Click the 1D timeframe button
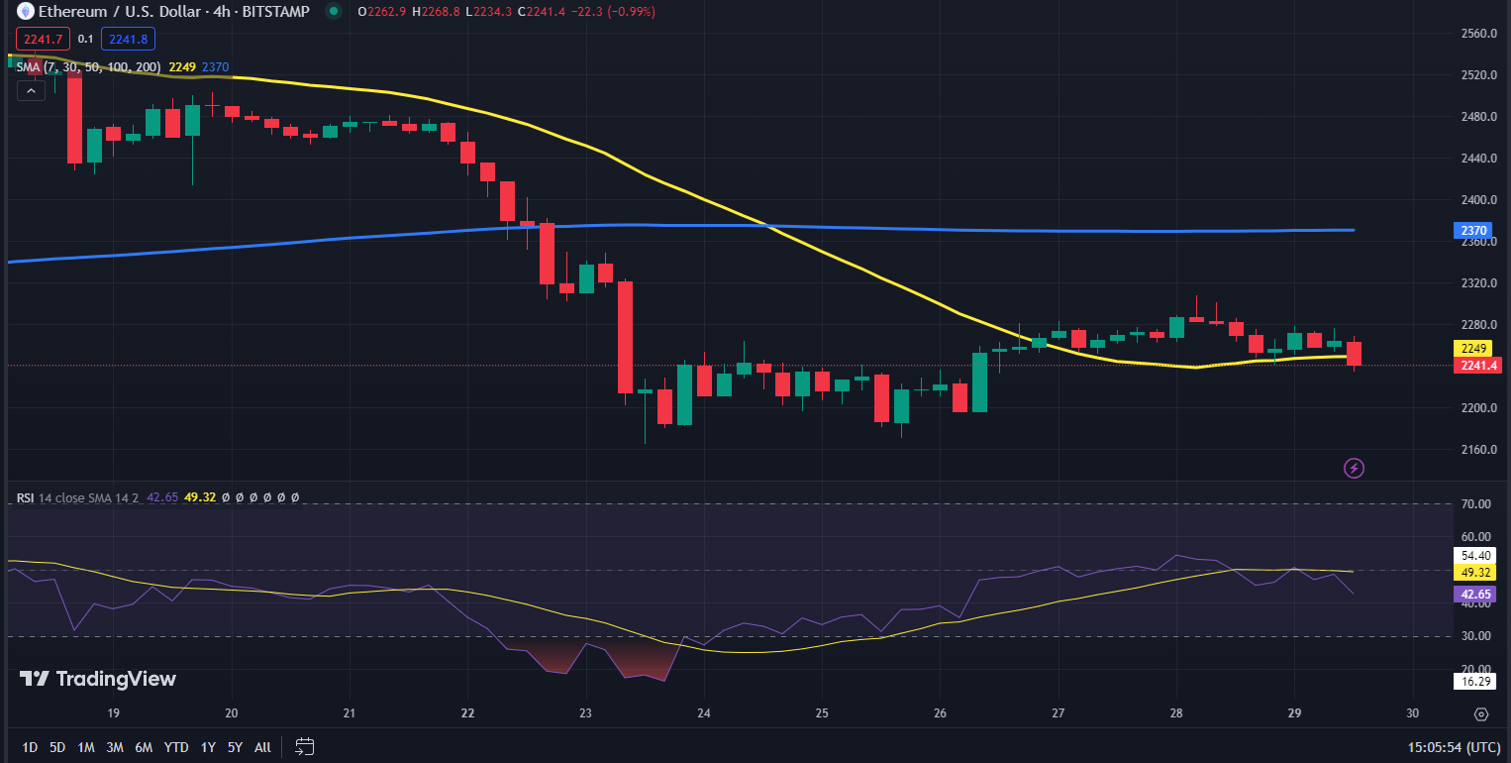pyautogui.click(x=30, y=747)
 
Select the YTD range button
pyautogui.click(x=176, y=747)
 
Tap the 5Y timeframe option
pyautogui.click(x=235, y=747)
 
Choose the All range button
pyautogui.click(x=262, y=747)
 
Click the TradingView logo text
pyautogui.click(x=98, y=679)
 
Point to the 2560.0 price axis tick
pyautogui.click(x=1478, y=34)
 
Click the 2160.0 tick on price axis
pyautogui.click(x=1478, y=450)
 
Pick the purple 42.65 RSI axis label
pyautogui.click(x=1470, y=595)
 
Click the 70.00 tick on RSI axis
pyautogui.click(x=1476, y=504)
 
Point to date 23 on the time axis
pyautogui.click(x=585, y=713)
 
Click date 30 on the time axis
pyautogui.click(x=1412, y=713)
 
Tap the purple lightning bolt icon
pyautogui.click(x=1354, y=468)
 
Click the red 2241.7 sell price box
pyautogui.click(x=42, y=39)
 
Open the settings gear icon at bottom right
pyautogui.click(x=1480, y=713)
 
